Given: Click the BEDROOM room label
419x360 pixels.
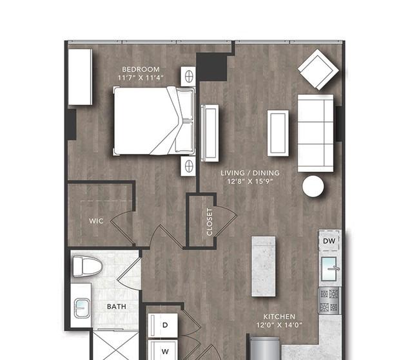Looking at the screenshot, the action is [141, 70].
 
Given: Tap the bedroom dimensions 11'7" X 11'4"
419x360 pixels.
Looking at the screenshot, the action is [141, 78].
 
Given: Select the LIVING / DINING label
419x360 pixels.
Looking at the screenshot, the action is [250, 173].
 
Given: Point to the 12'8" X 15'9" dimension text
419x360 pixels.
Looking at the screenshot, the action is [250, 182].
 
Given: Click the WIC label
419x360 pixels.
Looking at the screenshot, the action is [96, 221].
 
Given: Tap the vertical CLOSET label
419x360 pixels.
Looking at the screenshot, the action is [209, 222].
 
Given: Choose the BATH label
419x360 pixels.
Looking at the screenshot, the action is [117, 307].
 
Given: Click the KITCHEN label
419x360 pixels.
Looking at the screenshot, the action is [279, 317].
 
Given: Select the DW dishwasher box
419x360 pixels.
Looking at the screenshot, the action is [329, 241].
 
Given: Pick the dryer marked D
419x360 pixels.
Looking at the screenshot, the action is [163, 325].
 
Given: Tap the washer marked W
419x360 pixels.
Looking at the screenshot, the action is [163, 350].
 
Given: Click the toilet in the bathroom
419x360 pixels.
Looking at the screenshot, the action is [88, 266].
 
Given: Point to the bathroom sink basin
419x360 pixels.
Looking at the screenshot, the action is [82, 308].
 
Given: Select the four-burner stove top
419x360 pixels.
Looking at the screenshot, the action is [329, 301].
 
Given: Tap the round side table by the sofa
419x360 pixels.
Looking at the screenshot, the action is [313, 186].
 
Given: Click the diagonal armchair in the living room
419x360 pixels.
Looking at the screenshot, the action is [318, 70].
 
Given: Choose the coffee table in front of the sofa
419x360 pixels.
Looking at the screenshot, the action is [278, 133].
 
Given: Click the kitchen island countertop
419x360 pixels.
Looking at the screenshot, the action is [264, 266].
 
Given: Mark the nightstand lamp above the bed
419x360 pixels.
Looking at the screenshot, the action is [189, 76].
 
